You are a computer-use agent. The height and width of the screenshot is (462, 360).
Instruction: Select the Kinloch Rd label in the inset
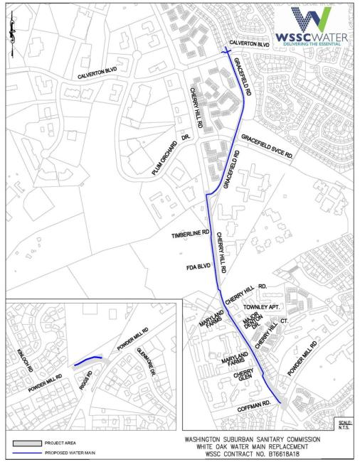tap(18, 344)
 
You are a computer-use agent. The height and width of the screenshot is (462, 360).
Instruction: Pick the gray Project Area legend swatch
tap(26, 442)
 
